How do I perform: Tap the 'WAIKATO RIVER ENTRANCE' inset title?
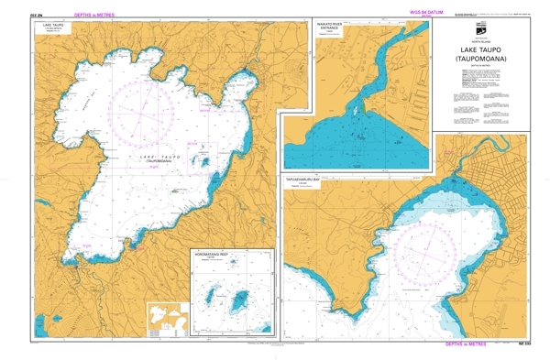pyautogui.click(x=329, y=29)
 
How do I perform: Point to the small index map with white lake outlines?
pyautogui.click(x=165, y=320)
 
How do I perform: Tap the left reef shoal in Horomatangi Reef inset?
pyautogui.click(x=217, y=298)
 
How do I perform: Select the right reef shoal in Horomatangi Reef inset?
pyautogui.click(x=243, y=300)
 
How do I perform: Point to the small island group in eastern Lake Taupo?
pyautogui.click(x=206, y=161)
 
